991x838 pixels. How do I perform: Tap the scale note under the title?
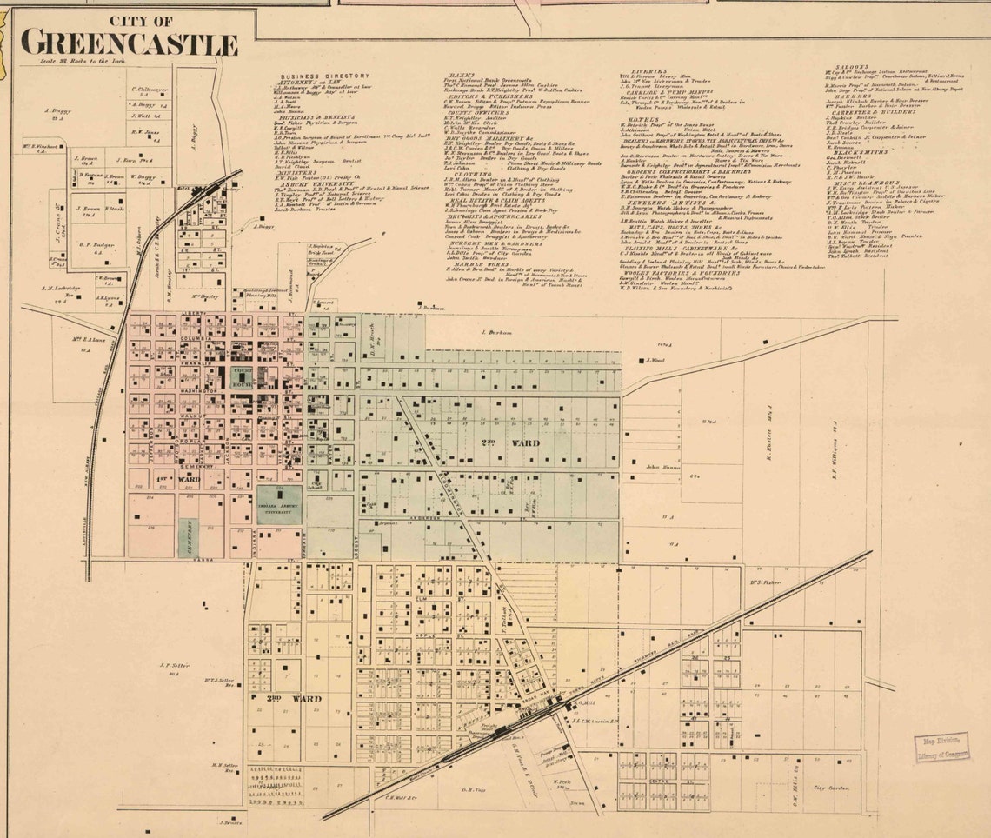[x=65, y=61]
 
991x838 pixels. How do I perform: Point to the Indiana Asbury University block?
[x=279, y=504]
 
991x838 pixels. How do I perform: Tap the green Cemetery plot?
[x=188, y=537]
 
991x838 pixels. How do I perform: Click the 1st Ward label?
[x=184, y=478]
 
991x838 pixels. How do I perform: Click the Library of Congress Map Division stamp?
[x=941, y=747]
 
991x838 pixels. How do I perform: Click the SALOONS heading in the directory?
[x=841, y=66]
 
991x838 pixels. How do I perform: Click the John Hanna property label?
[x=662, y=468]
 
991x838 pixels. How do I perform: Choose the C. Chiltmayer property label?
[x=150, y=89]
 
